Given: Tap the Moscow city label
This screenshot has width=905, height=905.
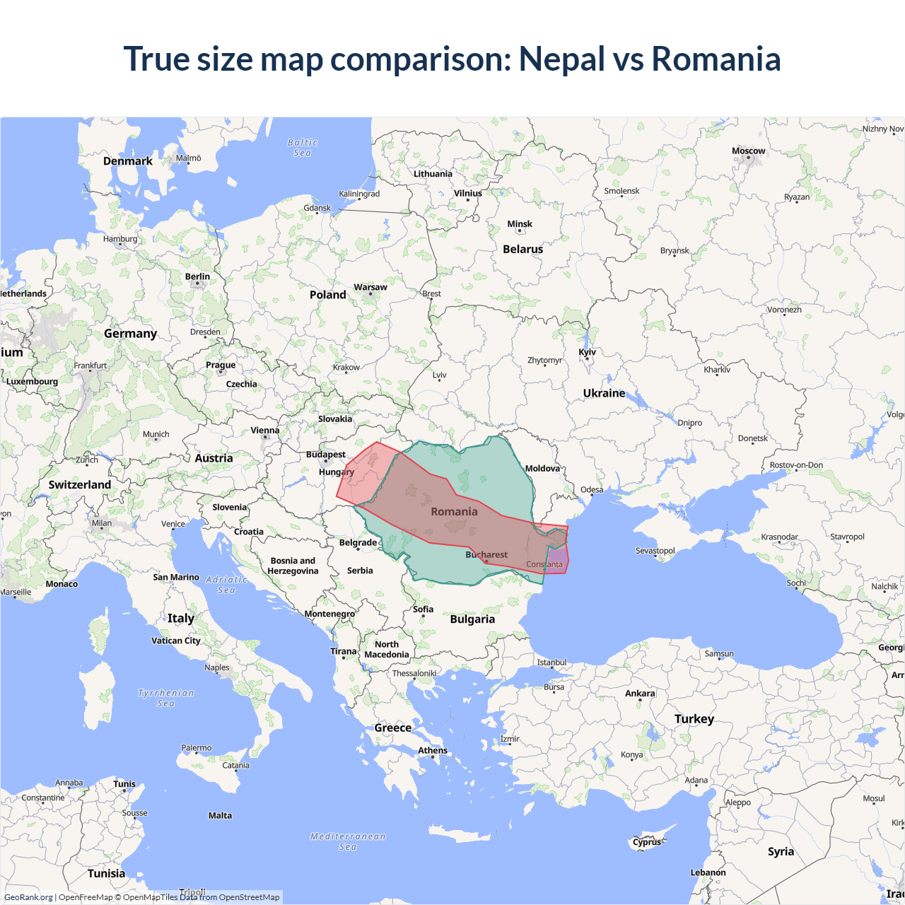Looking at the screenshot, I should click(748, 151).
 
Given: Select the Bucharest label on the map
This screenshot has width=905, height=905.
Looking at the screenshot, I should click(486, 555).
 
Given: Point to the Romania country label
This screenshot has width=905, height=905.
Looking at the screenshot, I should click(454, 512).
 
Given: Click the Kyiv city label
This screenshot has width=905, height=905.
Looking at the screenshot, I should click(587, 352).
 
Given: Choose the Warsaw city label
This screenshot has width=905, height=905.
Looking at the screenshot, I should click(370, 288).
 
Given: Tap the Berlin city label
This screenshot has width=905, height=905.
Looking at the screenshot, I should click(197, 277).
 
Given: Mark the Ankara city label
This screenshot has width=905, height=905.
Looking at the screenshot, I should click(640, 694).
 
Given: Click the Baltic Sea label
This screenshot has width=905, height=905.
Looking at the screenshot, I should click(303, 148).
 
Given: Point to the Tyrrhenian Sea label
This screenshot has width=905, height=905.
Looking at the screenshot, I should click(165, 698).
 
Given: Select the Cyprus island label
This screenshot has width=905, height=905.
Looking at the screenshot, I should click(647, 842).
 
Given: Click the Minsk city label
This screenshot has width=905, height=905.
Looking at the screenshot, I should click(520, 224).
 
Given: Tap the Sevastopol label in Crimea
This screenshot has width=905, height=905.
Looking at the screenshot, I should click(655, 551).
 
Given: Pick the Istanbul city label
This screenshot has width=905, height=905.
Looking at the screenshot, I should click(551, 662).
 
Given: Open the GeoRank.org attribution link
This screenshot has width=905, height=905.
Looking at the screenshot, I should click(28, 897).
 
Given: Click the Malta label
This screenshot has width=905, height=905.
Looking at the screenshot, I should click(220, 816).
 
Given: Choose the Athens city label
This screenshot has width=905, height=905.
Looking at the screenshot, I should click(433, 751).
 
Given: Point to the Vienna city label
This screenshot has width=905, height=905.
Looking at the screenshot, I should click(265, 431).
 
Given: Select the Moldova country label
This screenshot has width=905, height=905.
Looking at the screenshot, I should click(542, 469).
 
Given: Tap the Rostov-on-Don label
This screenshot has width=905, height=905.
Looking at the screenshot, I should click(796, 465).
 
